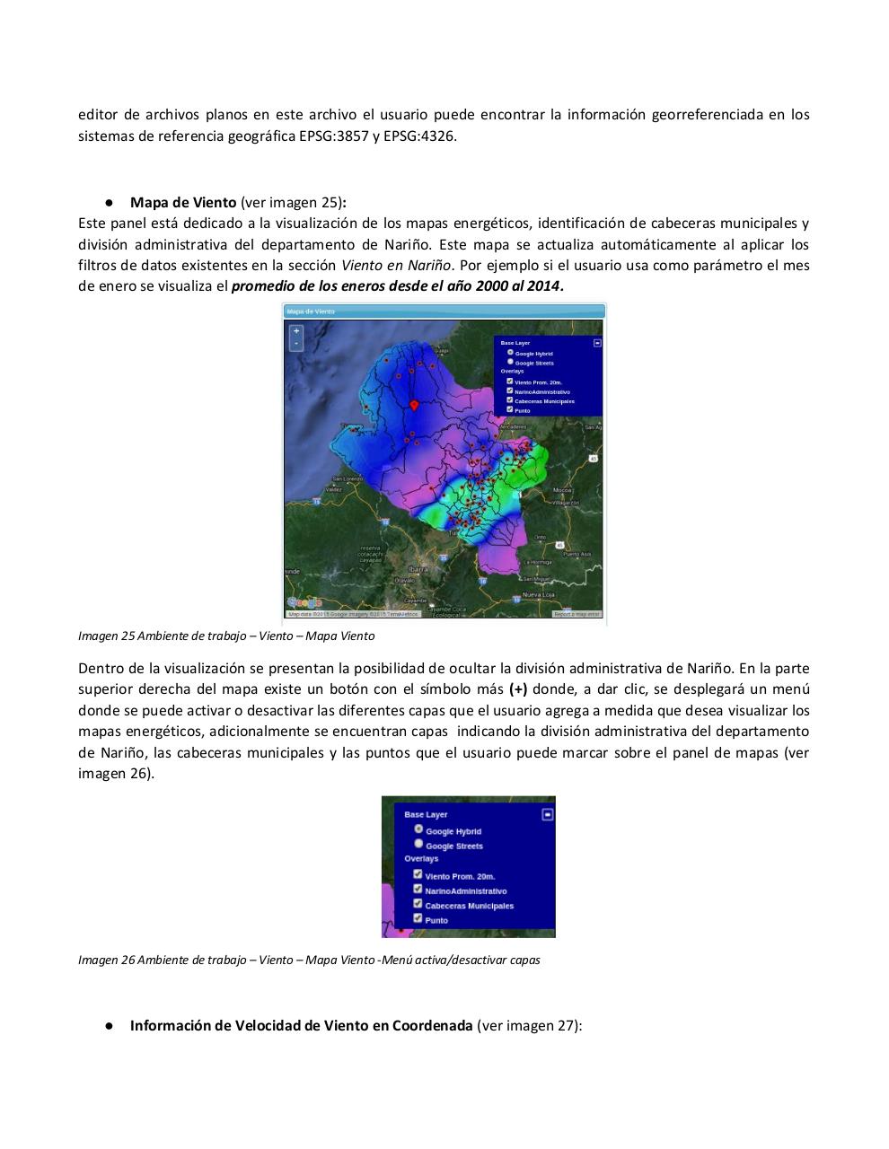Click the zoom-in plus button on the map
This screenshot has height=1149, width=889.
(296, 331)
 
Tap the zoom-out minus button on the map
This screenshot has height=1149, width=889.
(296, 344)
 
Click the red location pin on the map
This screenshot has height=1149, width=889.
(414, 406)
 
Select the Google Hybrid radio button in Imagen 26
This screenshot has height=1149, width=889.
(418, 829)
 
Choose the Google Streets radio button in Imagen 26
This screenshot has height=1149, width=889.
(418, 844)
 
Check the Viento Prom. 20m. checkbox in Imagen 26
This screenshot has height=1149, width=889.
(418, 874)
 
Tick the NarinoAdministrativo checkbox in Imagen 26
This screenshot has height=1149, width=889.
(418, 890)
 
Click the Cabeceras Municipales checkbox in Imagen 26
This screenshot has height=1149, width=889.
(418, 904)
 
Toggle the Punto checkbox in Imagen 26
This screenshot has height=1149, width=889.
(418, 918)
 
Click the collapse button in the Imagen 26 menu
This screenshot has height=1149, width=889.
(548, 814)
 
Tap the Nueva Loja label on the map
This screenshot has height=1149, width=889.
(539, 595)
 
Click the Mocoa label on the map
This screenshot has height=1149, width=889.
(562, 490)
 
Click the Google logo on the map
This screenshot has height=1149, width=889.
(304, 602)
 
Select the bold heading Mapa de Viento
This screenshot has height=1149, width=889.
(183, 202)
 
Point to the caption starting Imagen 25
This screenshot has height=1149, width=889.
(226, 636)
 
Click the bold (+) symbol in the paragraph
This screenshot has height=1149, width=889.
(518, 689)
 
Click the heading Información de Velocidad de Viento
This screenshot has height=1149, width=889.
(301, 1025)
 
